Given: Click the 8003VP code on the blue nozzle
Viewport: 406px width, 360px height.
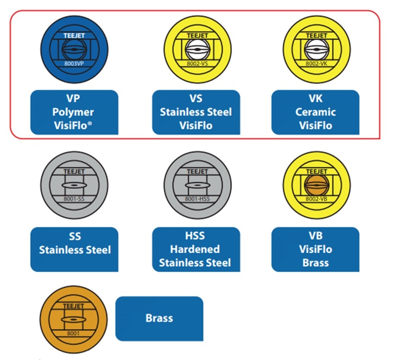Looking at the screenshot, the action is (74, 64).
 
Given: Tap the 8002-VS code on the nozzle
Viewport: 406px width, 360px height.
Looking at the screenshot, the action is (197, 64).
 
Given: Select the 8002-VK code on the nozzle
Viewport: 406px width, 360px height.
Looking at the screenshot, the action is (316, 64).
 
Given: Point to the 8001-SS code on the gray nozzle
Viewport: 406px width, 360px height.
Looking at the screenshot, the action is (74, 199).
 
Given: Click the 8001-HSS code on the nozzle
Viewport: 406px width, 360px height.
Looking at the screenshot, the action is (197, 199).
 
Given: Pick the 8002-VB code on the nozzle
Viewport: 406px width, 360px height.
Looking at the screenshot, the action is (316, 199).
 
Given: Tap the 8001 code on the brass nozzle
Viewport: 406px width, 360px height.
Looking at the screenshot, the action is (73, 333).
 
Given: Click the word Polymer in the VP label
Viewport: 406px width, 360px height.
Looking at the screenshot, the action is (73, 112).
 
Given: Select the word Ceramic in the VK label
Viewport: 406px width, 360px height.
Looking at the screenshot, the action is (316, 112).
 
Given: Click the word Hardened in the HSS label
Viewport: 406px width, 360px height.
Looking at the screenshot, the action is (195, 249).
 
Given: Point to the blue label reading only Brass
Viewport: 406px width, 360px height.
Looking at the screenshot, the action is (159, 318).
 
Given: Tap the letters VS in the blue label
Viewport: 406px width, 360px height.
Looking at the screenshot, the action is (196, 99).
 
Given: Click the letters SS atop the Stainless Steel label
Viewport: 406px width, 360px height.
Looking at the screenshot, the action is (75, 236).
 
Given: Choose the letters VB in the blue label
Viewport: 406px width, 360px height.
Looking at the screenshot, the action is (316, 235).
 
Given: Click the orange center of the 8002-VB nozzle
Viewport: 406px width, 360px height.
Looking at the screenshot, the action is (316, 185).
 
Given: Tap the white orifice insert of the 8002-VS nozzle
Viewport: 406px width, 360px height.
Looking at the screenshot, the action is (197, 49).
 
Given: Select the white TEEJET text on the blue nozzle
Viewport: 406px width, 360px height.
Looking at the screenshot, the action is (74, 35).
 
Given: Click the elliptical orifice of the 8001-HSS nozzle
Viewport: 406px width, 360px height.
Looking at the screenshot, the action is (197, 185).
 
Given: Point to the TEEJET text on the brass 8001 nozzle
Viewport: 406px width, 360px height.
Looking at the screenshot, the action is (73, 306).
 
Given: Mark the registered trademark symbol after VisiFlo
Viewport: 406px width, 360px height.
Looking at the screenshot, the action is (90, 123).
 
